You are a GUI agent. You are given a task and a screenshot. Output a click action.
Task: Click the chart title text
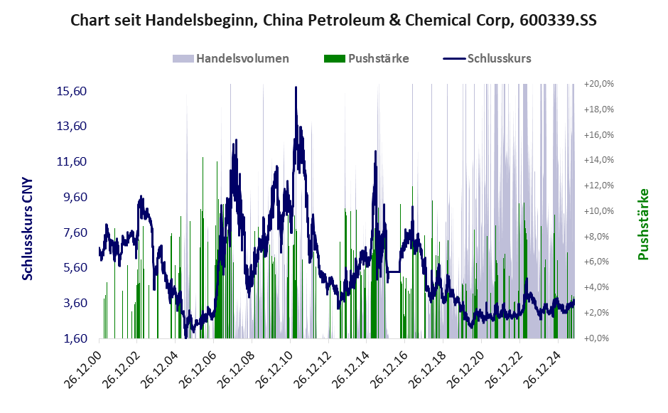point(333,21)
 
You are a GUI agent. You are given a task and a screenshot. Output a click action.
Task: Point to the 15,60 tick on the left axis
point(72,91)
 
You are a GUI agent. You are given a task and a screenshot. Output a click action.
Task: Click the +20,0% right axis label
point(599,84)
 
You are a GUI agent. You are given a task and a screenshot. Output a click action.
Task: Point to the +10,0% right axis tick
point(599,211)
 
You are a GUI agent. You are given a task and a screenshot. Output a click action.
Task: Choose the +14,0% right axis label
point(599,160)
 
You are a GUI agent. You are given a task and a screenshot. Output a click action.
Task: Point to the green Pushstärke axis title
point(644,224)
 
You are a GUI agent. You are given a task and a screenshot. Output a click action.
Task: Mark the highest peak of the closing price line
point(296,88)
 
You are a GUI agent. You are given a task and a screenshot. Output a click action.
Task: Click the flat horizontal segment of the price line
point(393,272)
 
